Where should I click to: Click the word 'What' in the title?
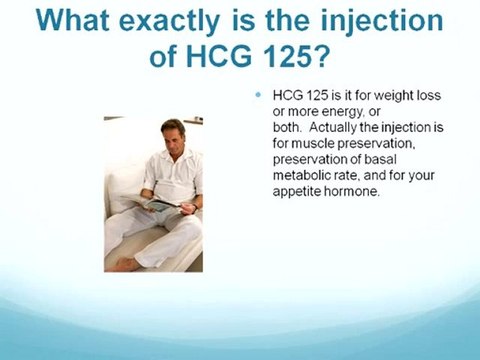click(59, 20)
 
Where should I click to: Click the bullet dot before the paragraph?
click(258, 95)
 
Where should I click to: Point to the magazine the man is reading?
click(159, 204)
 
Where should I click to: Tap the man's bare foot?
click(122, 264)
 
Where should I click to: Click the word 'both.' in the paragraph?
click(285, 129)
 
